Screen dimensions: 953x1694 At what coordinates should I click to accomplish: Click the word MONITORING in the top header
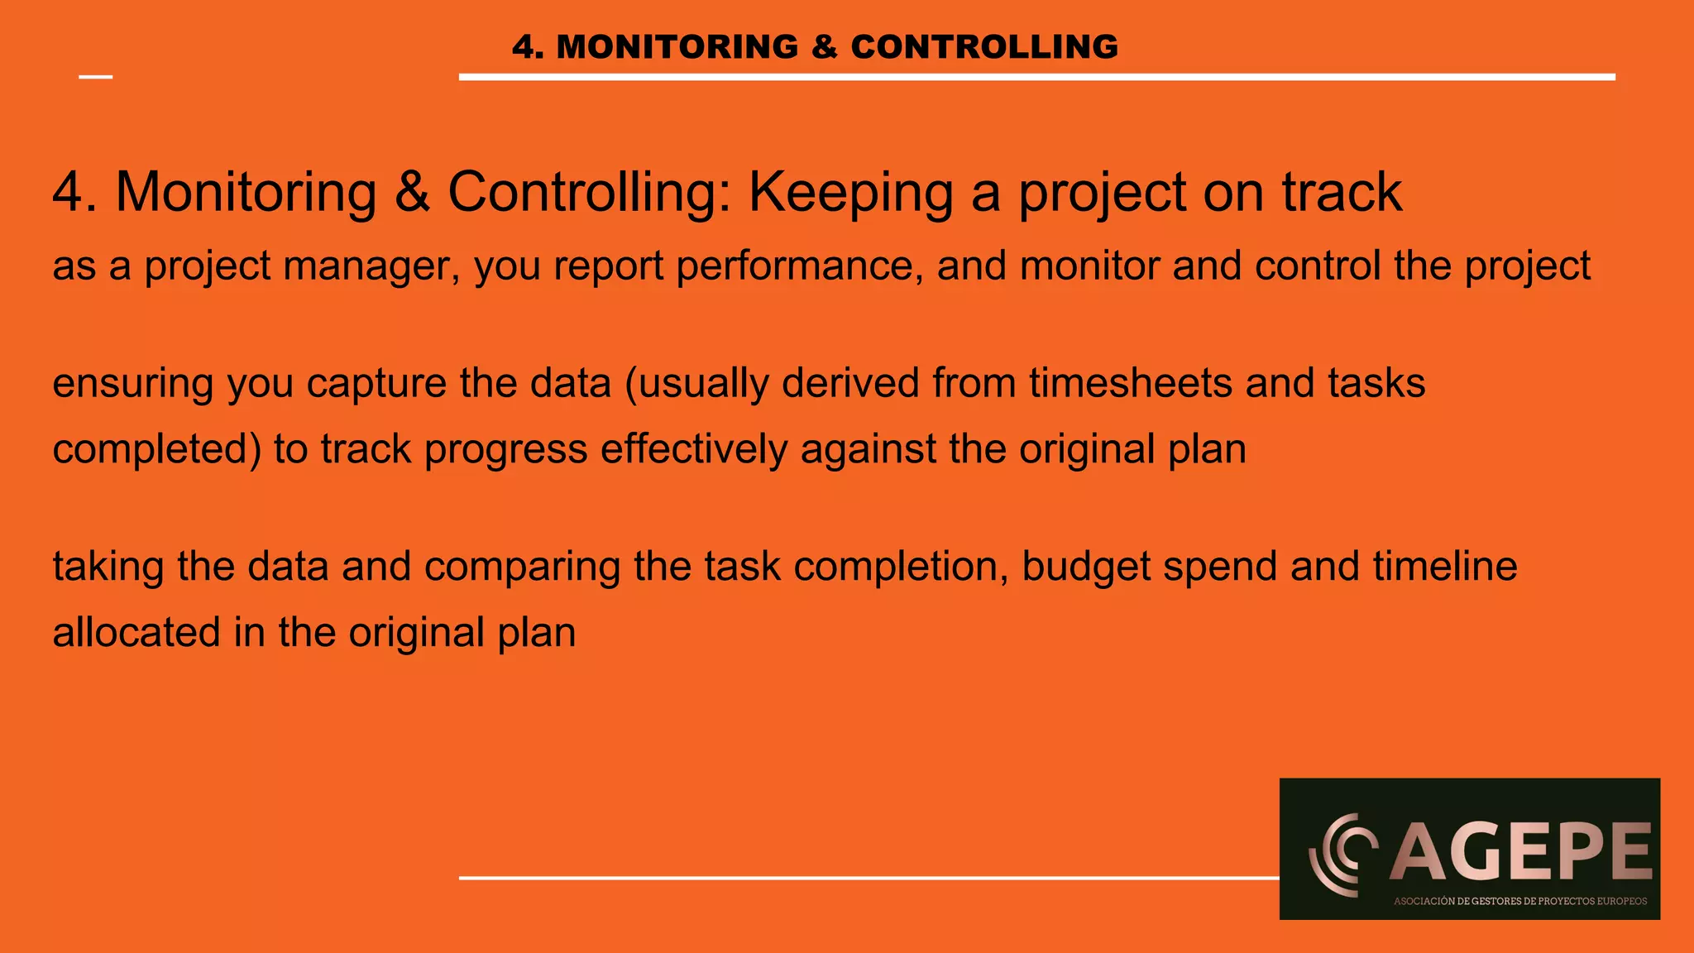tap(677, 47)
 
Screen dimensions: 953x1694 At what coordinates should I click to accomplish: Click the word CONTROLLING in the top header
tap(984, 47)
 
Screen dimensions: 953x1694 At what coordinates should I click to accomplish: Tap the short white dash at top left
tap(95, 77)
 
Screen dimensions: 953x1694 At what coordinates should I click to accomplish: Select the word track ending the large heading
tap(1342, 192)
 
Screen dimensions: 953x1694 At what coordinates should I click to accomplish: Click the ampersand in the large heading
tap(412, 192)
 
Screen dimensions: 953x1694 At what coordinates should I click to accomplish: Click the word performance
tap(799, 266)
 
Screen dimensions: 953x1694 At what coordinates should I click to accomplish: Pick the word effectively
tap(693, 449)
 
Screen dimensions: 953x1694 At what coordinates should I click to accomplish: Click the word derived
tap(850, 383)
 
